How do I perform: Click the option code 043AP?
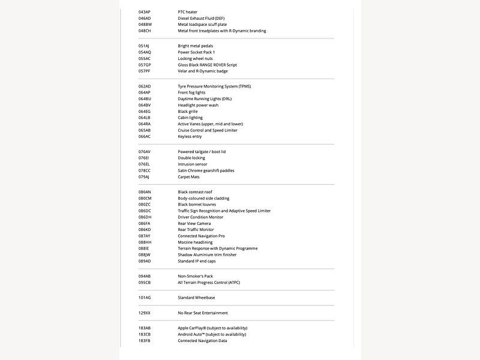144,12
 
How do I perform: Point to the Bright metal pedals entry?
196,46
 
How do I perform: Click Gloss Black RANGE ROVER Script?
208,65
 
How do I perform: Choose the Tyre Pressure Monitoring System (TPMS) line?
214,86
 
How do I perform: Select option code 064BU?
145,99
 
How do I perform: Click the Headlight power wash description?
198,105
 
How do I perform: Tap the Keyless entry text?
190,136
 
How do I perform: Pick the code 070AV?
145,152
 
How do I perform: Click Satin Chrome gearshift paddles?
206,170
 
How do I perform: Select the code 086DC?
145,211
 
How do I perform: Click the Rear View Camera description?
194,223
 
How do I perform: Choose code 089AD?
145,261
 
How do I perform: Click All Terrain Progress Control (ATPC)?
209,282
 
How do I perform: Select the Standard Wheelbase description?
196,298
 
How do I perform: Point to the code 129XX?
145,313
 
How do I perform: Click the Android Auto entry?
212,334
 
